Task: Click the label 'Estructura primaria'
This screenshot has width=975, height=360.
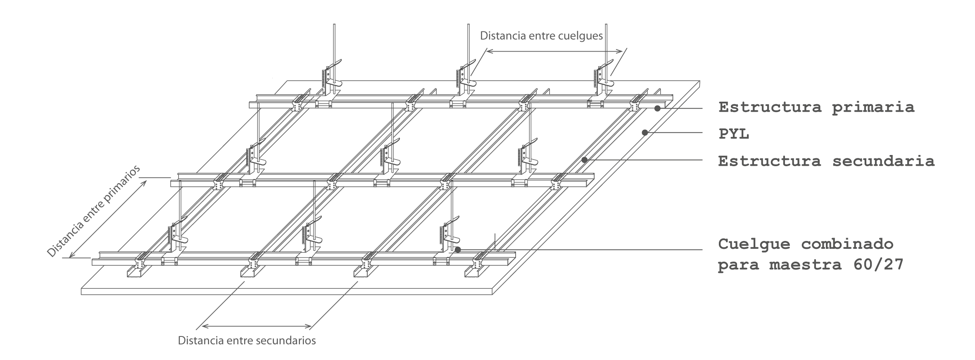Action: (x=816, y=107)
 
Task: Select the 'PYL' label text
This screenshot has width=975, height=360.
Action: (x=734, y=134)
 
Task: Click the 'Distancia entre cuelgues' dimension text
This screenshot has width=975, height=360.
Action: (x=541, y=36)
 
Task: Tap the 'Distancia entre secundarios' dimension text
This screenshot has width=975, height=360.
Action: (x=247, y=341)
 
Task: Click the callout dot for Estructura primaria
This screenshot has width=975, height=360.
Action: (x=657, y=108)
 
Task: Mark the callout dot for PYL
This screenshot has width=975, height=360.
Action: (x=644, y=132)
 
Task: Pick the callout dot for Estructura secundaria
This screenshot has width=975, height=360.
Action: (x=584, y=160)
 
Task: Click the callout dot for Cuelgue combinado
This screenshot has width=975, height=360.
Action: (x=457, y=250)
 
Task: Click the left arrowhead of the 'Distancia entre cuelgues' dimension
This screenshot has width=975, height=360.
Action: (x=488, y=51)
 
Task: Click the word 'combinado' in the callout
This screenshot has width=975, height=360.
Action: (x=847, y=244)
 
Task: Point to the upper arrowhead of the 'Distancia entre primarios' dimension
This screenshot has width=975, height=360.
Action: (x=144, y=182)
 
